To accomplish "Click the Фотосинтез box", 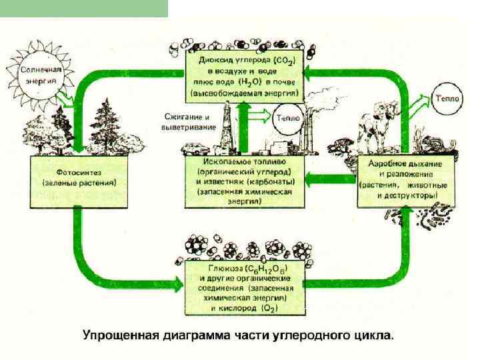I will (x=78, y=175).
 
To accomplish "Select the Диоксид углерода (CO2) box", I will (x=245, y=76).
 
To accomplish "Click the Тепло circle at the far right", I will (x=445, y=97).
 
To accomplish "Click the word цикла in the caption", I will (x=375, y=335).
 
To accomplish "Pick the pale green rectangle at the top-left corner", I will (x=84, y=8).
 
